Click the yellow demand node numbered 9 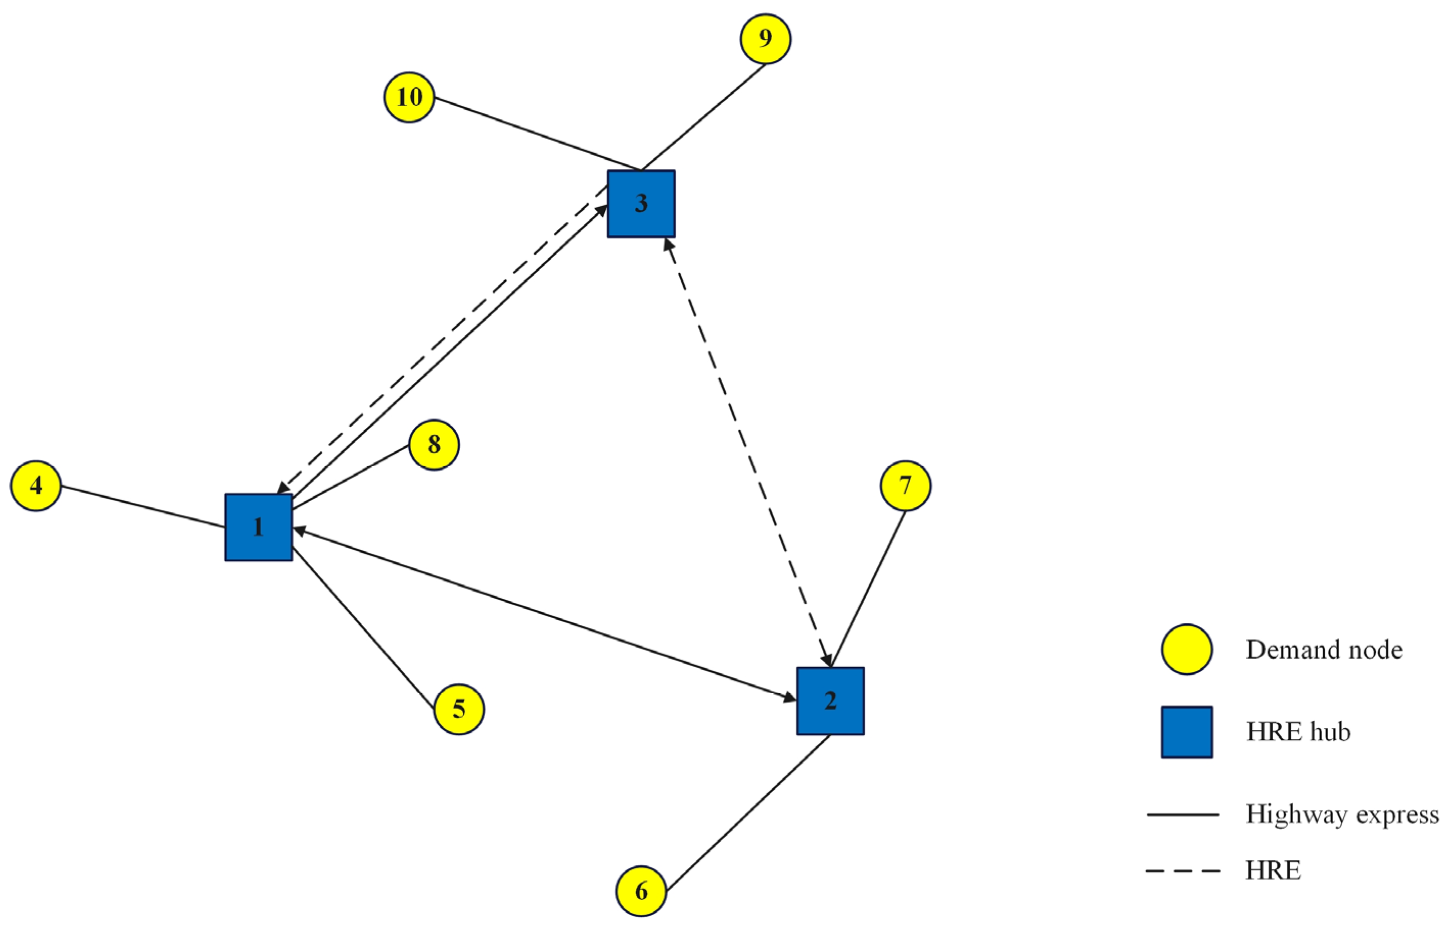(x=765, y=39)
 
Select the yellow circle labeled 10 (x=409, y=97)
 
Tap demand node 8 (x=434, y=445)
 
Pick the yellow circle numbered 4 (x=36, y=485)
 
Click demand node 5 (x=459, y=710)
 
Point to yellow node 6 (x=641, y=891)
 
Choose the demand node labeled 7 (x=905, y=485)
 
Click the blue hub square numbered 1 (x=259, y=527)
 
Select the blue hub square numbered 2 (x=830, y=701)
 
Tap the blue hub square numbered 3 (x=641, y=204)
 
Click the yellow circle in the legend (x=1187, y=650)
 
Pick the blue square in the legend (x=1187, y=732)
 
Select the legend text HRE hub (x=1298, y=732)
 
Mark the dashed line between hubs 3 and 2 (x=748, y=452)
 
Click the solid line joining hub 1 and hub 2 (x=543, y=614)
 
